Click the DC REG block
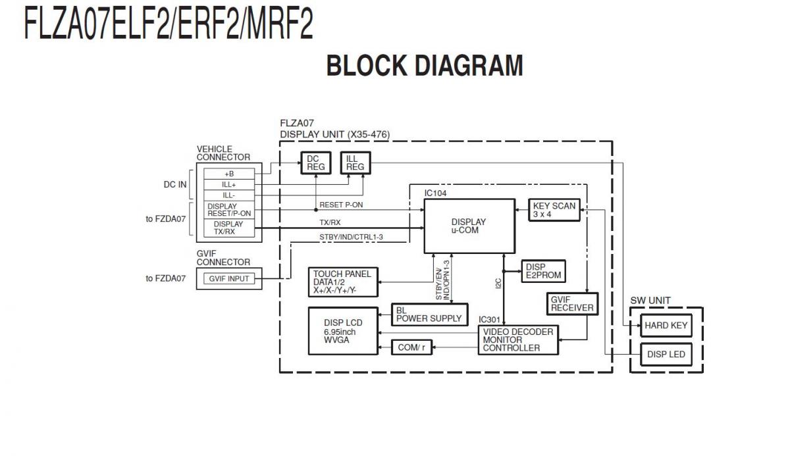(x=313, y=163)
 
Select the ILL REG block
(x=355, y=163)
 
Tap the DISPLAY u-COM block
(x=469, y=226)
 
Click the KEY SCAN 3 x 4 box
(x=554, y=210)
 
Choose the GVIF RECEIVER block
(x=571, y=303)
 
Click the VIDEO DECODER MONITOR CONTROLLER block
(x=518, y=340)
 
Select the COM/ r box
(x=413, y=347)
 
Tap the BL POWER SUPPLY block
(x=429, y=314)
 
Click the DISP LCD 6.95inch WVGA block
(x=343, y=331)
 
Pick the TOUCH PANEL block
(x=342, y=282)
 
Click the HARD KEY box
(x=666, y=325)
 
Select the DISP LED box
(x=666, y=355)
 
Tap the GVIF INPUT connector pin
(x=229, y=278)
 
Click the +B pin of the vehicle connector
(x=229, y=174)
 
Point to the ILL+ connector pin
(x=229, y=185)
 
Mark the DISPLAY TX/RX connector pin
(x=229, y=228)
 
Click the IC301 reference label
(x=490, y=319)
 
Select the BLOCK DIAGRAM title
(x=425, y=66)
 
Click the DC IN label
(x=175, y=185)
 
